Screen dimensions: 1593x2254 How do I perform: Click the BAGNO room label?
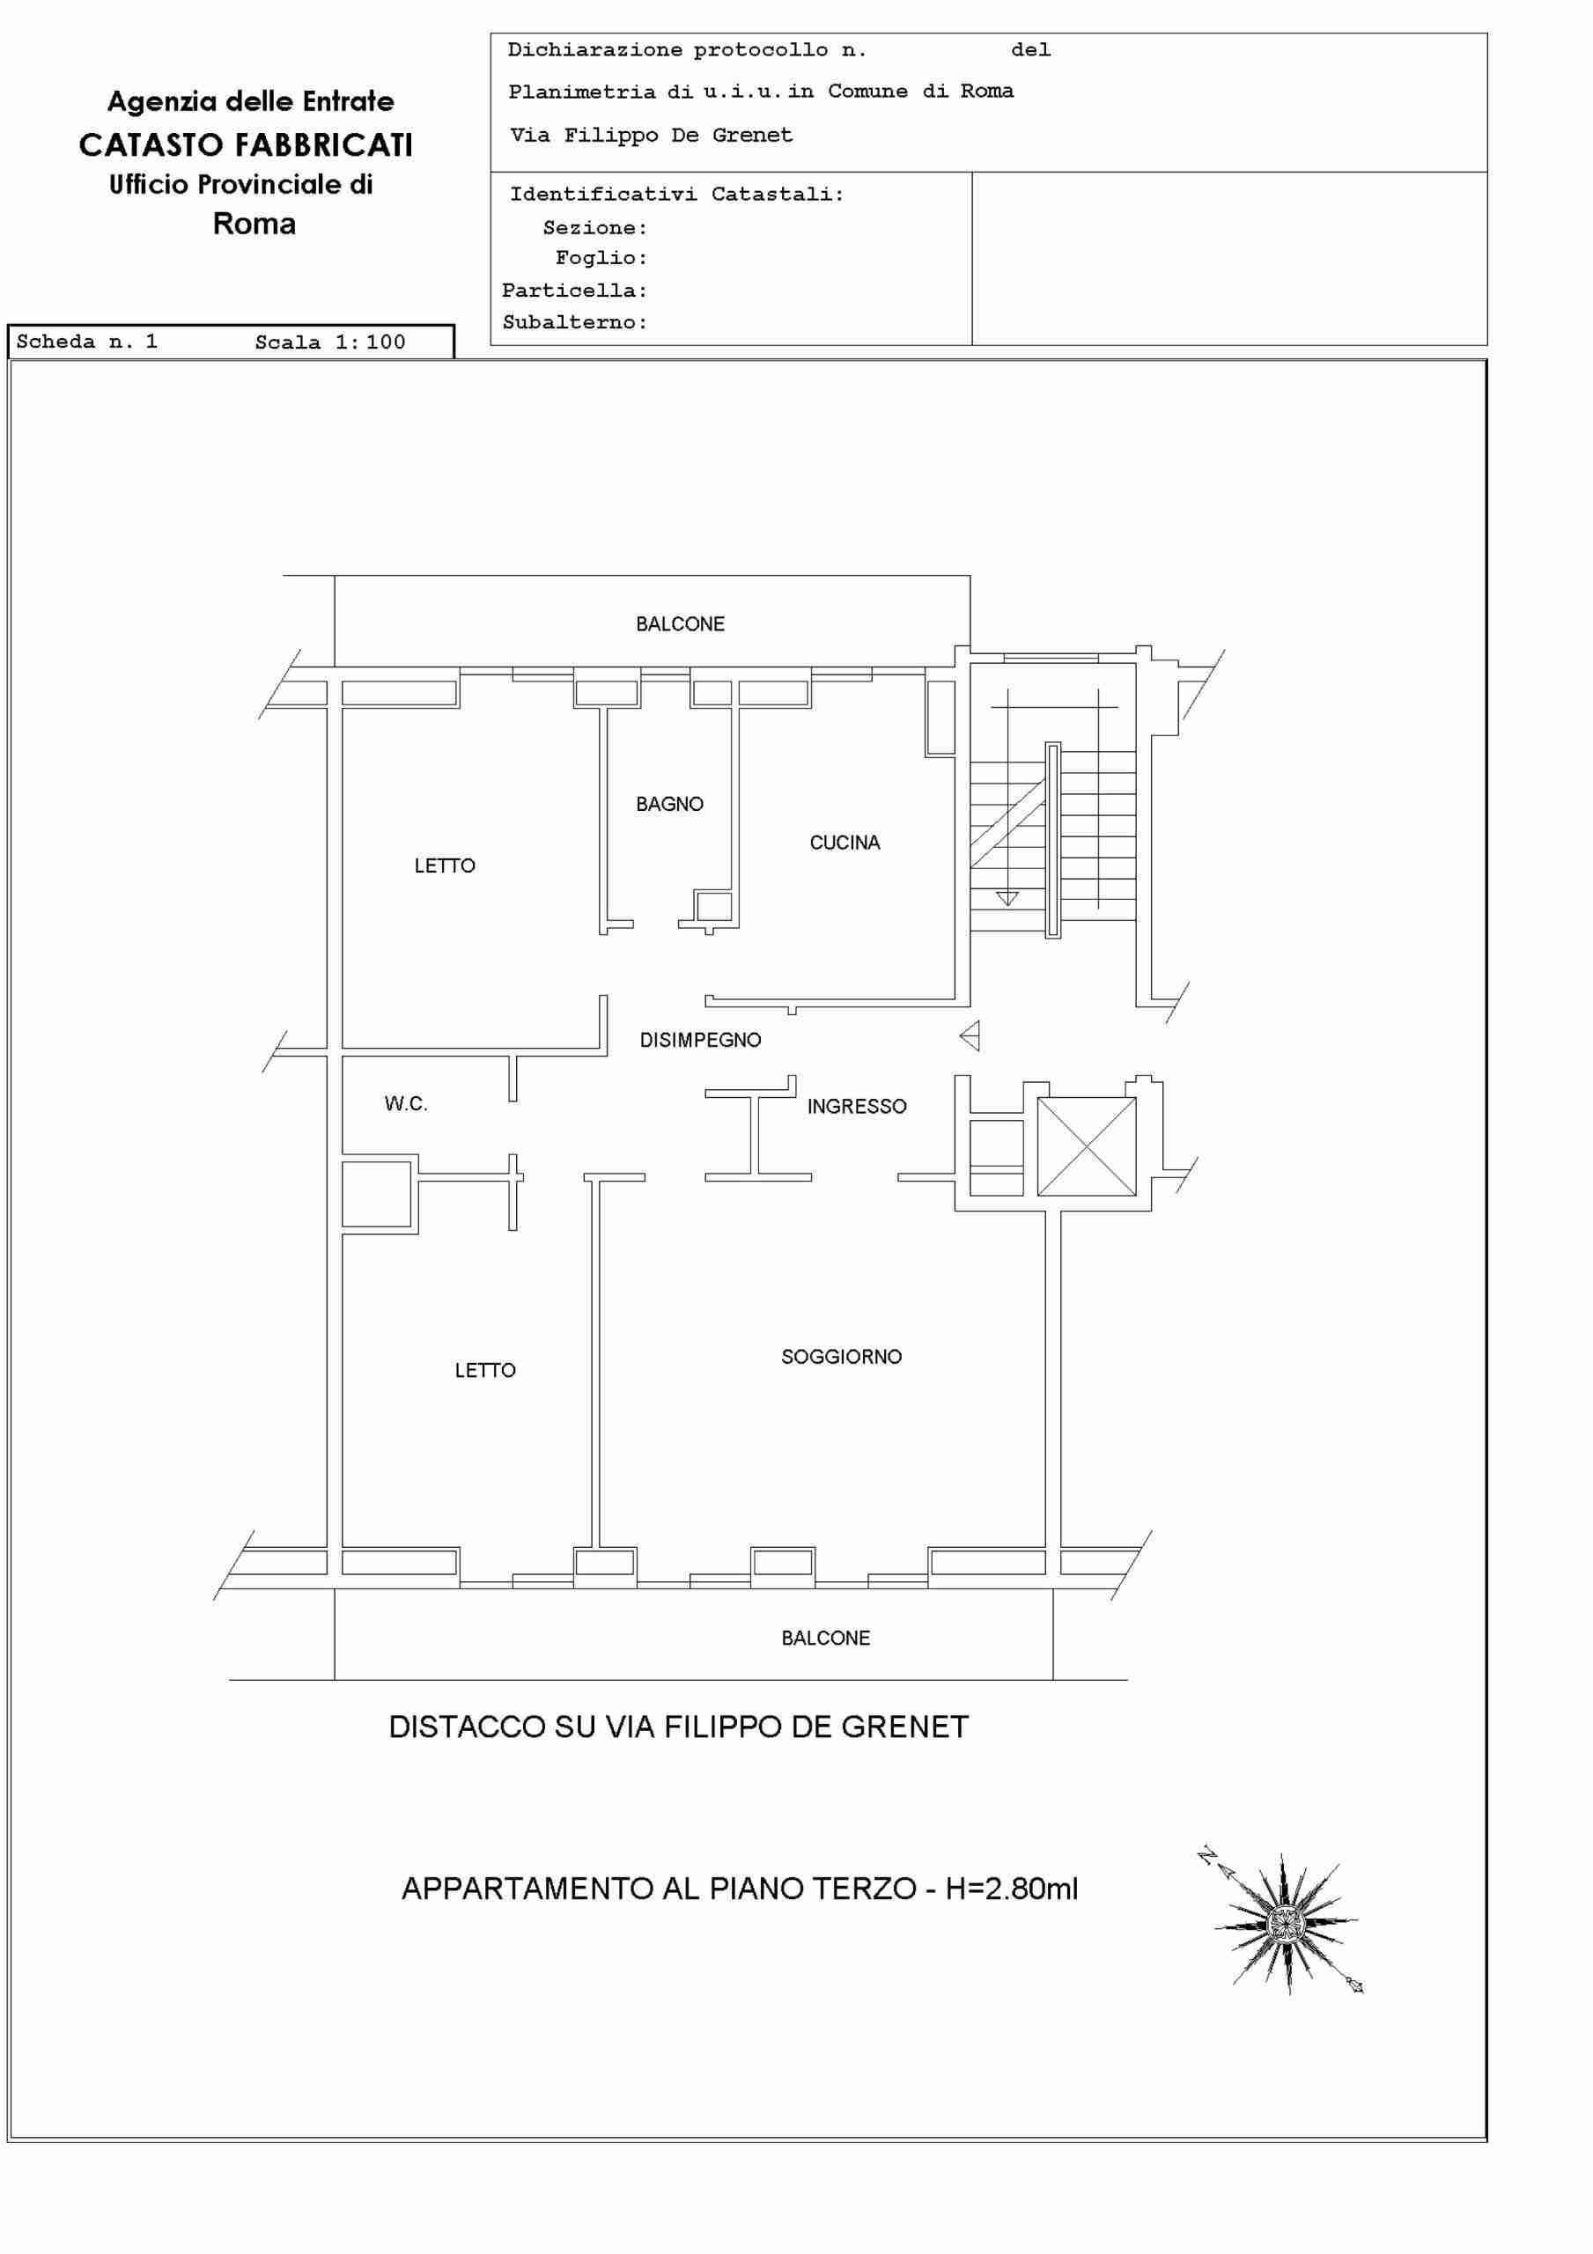point(670,804)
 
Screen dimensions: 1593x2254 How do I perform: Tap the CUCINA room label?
point(844,843)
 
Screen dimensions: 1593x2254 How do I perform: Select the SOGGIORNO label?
point(842,1357)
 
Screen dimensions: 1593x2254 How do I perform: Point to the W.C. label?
point(406,1103)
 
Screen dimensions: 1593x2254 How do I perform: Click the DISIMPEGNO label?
point(700,1040)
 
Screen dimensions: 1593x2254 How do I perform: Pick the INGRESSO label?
point(857,1107)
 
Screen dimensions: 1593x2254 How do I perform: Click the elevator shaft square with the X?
point(1087,1146)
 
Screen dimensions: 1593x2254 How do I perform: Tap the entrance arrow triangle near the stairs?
point(970,1035)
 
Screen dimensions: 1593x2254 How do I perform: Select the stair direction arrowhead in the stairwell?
point(1007,898)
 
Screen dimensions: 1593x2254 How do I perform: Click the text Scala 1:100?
point(330,342)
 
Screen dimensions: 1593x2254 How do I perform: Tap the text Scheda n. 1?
point(86,342)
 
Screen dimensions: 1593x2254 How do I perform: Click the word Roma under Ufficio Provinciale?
point(254,224)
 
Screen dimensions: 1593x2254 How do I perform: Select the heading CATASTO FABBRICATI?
point(246,145)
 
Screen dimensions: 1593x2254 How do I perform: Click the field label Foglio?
point(601,258)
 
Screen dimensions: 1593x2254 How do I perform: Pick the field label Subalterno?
point(574,322)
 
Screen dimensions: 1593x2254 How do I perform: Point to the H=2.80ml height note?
point(1012,1888)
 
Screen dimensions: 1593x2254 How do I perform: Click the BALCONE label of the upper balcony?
point(680,624)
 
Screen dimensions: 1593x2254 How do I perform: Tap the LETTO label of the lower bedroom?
point(485,1371)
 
